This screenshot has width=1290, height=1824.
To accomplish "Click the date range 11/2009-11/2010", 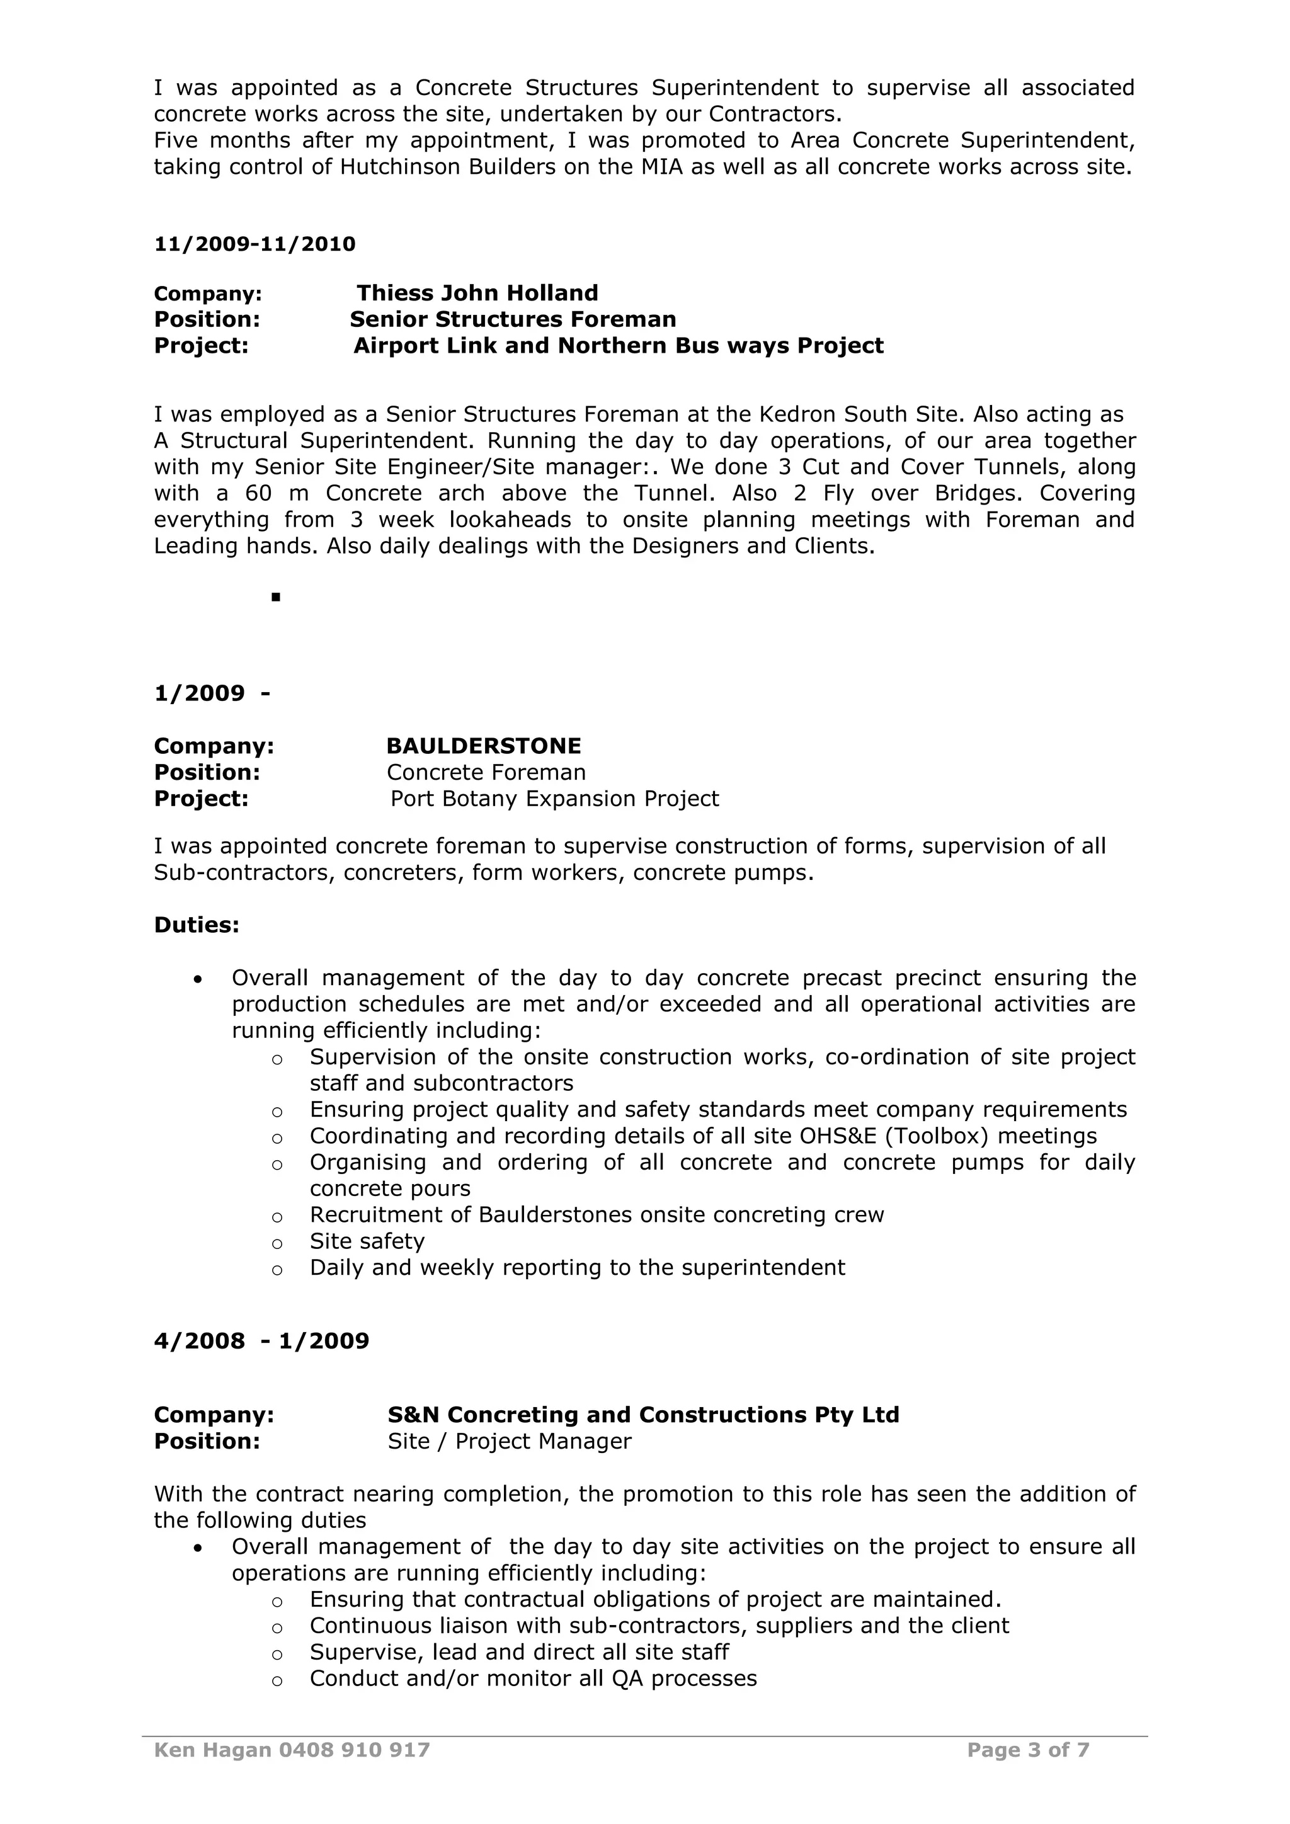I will pos(254,244).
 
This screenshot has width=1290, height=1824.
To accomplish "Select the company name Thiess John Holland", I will pos(477,293).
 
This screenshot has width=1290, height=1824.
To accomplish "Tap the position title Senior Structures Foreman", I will pos(512,319).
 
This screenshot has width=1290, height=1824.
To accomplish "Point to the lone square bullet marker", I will pos(276,596).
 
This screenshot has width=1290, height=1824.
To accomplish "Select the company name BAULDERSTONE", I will pos(483,746).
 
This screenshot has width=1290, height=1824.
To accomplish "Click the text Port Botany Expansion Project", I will pos(554,799).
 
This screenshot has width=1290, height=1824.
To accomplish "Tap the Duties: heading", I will pos(196,925).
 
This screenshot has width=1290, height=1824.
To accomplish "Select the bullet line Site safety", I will pos(367,1241).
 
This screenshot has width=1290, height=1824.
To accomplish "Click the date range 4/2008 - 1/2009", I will pos(261,1341).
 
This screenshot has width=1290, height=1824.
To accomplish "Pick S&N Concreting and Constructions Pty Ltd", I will pos(642,1415).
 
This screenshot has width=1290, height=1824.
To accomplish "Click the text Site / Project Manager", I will pos(509,1441).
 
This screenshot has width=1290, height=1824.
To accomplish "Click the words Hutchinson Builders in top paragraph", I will pos(448,168).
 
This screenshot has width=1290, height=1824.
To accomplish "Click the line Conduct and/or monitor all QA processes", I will pos(533,1679).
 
